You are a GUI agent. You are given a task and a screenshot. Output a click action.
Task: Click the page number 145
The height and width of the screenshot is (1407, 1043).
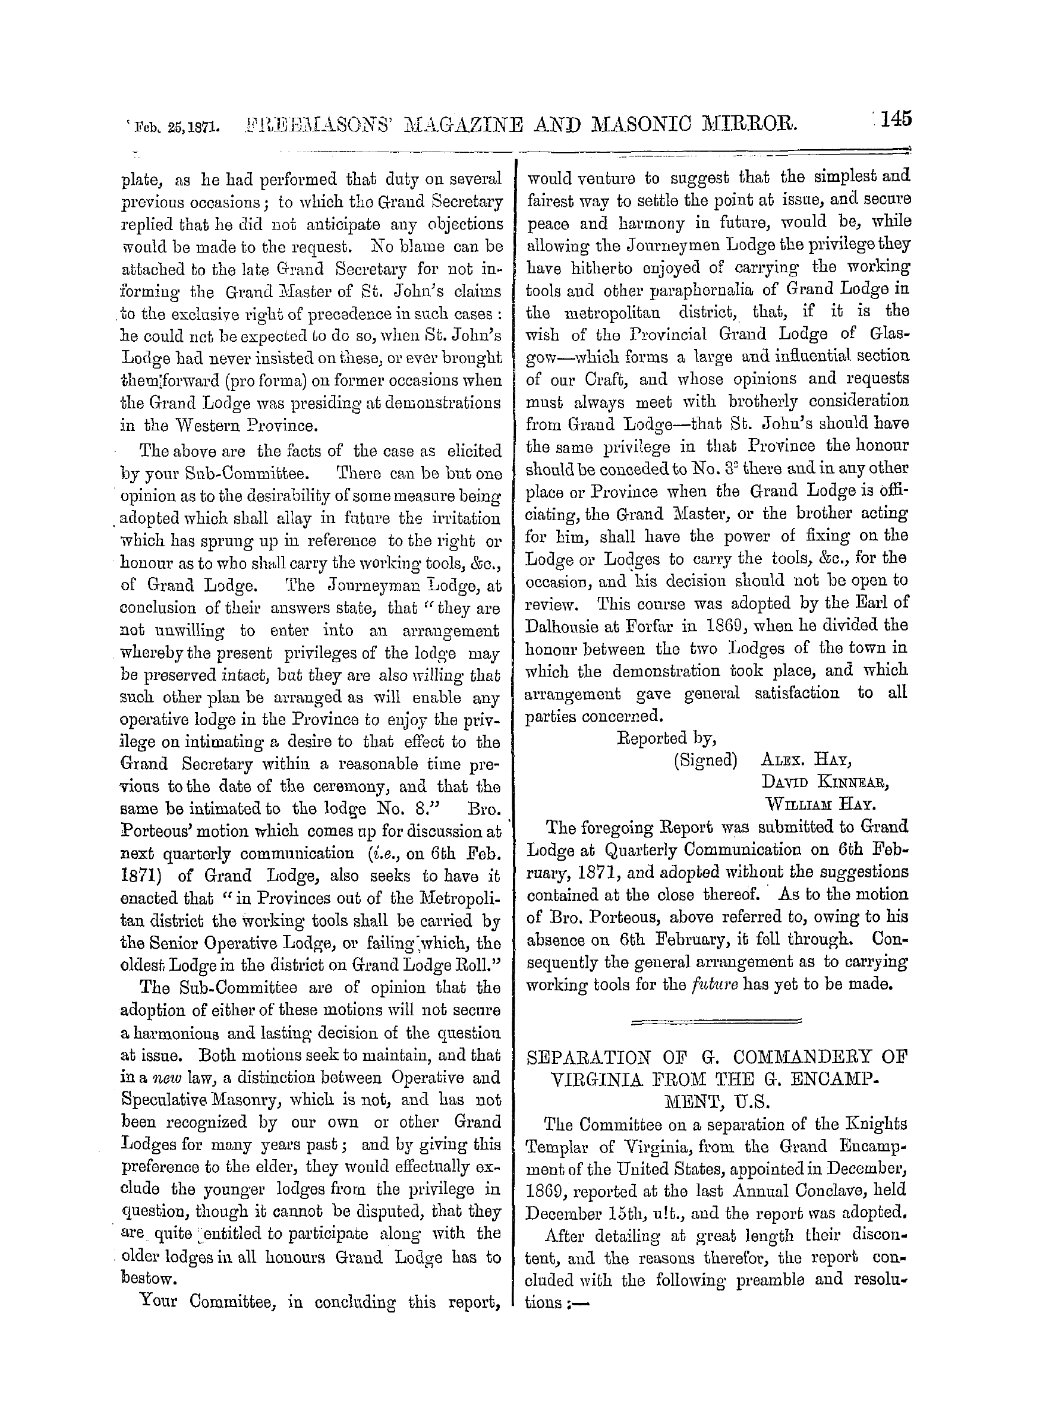click(x=892, y=119)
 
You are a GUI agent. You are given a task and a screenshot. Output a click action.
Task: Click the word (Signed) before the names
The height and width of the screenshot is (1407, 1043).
click(x=705, y=760)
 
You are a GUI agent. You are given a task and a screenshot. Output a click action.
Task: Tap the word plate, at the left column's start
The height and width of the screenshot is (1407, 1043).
click(x=143, y=180)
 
